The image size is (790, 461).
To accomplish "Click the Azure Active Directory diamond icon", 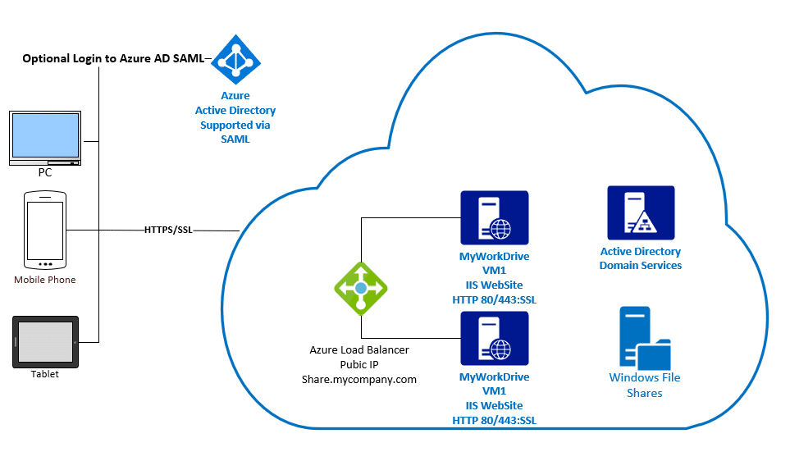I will [x=235, y=60].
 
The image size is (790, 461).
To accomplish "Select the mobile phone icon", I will [x=44, y=230].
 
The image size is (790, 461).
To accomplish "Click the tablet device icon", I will [x=45, y=342].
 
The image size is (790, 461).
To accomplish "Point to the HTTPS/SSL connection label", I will [x=168, y=230].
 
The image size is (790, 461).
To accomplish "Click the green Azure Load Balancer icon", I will [x=360, y=289].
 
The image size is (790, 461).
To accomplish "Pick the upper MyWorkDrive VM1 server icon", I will [x=495, y=217].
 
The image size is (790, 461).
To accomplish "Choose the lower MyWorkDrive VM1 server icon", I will [x=495, y=338].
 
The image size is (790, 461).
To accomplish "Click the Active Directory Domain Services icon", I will [x=641, y=212].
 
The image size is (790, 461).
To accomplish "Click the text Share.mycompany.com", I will [x=359, y=379].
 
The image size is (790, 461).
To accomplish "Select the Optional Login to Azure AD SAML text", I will [x=113, y=59].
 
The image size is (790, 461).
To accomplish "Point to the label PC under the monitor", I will [x=45, y=172].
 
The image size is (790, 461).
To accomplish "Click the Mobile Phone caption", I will [x=45, y=280].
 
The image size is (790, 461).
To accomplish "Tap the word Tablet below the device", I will [x=45, y=374].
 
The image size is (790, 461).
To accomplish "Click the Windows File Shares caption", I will [x=645, y=386].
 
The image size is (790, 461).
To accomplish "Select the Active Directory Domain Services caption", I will [x=641, y=258].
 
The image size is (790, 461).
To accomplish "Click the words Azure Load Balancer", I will [x=359, y=349].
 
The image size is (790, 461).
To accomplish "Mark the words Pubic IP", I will [x=359, y=364].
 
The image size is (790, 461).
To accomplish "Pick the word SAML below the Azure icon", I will [x=235, y=139].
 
